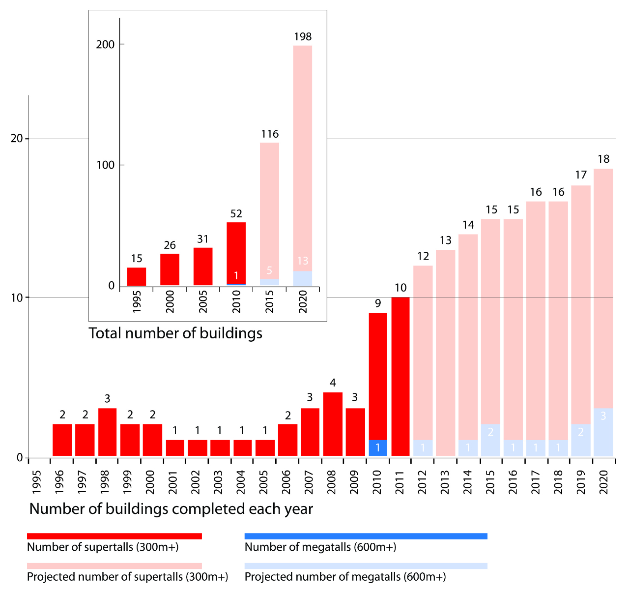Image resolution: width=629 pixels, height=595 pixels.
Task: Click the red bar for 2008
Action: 333,424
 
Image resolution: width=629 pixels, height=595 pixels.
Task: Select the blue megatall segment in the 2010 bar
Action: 378,448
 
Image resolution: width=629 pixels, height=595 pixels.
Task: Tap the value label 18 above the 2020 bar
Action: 603,159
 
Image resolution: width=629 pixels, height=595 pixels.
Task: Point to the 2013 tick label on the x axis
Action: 445,482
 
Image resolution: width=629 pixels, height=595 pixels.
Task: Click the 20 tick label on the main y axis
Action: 17,139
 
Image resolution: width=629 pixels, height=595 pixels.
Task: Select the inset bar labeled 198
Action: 303,157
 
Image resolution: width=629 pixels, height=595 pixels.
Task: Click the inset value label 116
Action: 270,134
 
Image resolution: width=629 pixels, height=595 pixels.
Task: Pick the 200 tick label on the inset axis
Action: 105,44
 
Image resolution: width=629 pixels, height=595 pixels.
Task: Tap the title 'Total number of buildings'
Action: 175,333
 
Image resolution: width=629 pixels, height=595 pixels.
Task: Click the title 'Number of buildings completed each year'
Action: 171,508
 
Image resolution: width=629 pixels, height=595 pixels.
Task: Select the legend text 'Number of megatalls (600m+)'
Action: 320,547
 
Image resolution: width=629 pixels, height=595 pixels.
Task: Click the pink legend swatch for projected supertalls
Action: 114,566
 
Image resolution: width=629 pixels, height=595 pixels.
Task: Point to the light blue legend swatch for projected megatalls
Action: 366,566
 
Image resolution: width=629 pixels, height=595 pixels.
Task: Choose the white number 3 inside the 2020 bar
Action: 603,416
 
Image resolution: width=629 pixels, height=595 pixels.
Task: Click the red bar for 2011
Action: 400,376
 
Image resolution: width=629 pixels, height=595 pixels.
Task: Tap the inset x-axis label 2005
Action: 203,301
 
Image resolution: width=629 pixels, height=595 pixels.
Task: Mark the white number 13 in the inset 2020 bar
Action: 303,261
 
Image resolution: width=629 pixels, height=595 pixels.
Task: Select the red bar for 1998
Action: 107,432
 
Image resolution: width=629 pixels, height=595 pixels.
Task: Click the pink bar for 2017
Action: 536,320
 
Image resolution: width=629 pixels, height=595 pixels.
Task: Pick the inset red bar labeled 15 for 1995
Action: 137,276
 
